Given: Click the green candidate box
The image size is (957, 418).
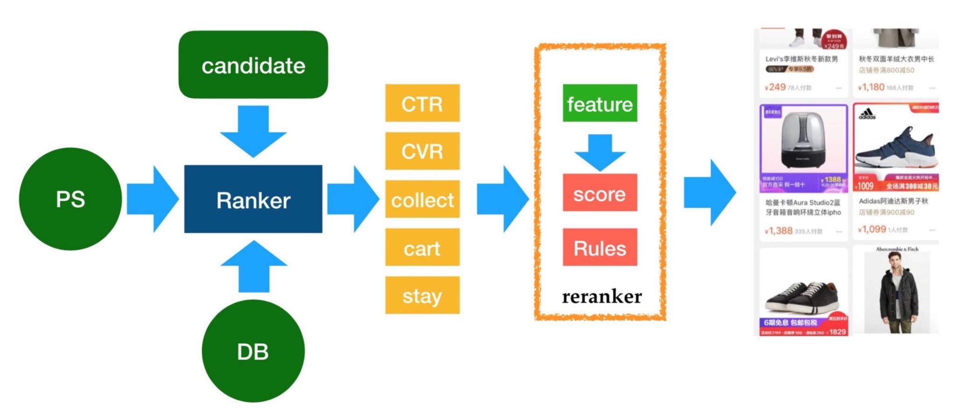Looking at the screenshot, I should (x=253, y=65).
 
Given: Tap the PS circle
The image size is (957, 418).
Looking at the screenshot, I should (x=71, y=199).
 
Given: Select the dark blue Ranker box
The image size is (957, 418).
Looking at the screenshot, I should (x=253, y=199).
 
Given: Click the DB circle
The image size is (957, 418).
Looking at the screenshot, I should (x=253, y=351).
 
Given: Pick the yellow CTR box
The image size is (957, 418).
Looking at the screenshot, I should (x=422, y=103).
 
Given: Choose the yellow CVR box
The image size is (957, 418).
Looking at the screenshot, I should (x=422, y=151).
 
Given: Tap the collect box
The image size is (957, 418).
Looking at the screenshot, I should (x=422, y=200).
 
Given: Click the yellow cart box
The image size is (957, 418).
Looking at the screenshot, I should (x=422, y=248).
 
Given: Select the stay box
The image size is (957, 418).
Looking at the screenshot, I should (x=422, y=295).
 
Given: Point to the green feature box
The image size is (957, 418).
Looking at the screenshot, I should (x=600, y=103).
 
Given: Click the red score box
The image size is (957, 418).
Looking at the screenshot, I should (x=600, y=193).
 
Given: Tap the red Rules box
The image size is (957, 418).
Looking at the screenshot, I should (x=600, y=248).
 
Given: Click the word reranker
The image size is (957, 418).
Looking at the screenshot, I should (x=602, y=296).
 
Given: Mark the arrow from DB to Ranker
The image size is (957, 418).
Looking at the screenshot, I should (x=254, y=267).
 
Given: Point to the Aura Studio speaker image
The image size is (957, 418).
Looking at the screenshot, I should (x=803, y=140).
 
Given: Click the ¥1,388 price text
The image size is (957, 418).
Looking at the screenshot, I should (x=778, y=231).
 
